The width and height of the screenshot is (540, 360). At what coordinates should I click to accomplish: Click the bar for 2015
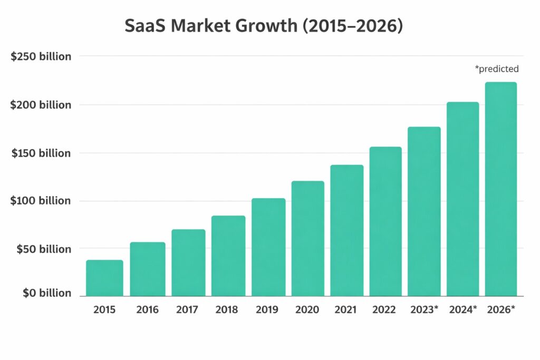pos(105,278)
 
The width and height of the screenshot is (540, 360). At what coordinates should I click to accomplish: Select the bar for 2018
pos(228,256)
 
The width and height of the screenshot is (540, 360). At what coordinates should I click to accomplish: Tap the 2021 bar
pos(347,230)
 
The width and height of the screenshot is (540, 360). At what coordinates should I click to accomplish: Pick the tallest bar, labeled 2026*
pos(501,189)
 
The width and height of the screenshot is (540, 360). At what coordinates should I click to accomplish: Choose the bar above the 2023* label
pos(425,211)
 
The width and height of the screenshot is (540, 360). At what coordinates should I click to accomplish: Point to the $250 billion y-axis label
pos(41,56)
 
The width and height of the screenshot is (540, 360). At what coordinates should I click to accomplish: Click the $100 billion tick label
pos(40,200)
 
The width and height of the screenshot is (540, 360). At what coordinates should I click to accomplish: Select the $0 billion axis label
pos(47,293)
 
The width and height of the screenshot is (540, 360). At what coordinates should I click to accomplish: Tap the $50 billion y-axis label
pos(44,249)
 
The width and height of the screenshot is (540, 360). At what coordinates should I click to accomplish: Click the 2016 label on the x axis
pos(148,310)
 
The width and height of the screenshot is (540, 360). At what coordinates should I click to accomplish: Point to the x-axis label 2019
pos(267,310)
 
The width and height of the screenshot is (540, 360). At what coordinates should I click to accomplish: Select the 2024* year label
pos(463,309)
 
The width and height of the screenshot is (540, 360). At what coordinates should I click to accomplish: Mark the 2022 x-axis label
pos(384,310)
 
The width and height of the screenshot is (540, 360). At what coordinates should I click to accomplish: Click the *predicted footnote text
pos(497,69)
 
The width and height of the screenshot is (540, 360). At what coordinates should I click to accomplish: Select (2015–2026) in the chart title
pos(353,26)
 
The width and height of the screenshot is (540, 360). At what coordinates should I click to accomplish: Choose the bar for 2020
pos(308,239)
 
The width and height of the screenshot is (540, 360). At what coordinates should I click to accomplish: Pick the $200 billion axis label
pos(41,105)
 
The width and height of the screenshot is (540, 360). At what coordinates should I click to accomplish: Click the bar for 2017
pos(188,262)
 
